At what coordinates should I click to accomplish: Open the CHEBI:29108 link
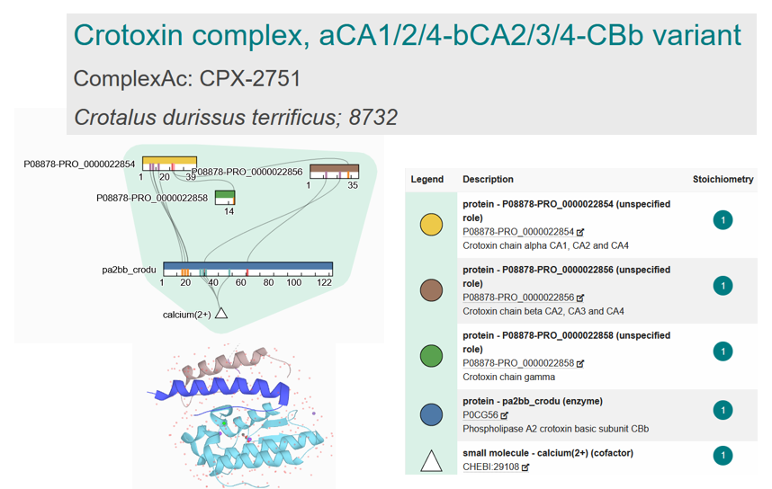490,467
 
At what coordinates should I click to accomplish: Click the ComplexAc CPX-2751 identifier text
186,79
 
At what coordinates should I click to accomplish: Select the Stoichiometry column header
722,180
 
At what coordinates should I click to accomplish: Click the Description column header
488,180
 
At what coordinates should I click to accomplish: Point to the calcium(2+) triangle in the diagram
221,314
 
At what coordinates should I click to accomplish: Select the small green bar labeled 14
225,196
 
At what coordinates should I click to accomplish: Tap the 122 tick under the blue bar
325,282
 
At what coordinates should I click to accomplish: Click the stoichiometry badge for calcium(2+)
722,457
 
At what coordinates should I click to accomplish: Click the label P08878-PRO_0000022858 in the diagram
152,198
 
